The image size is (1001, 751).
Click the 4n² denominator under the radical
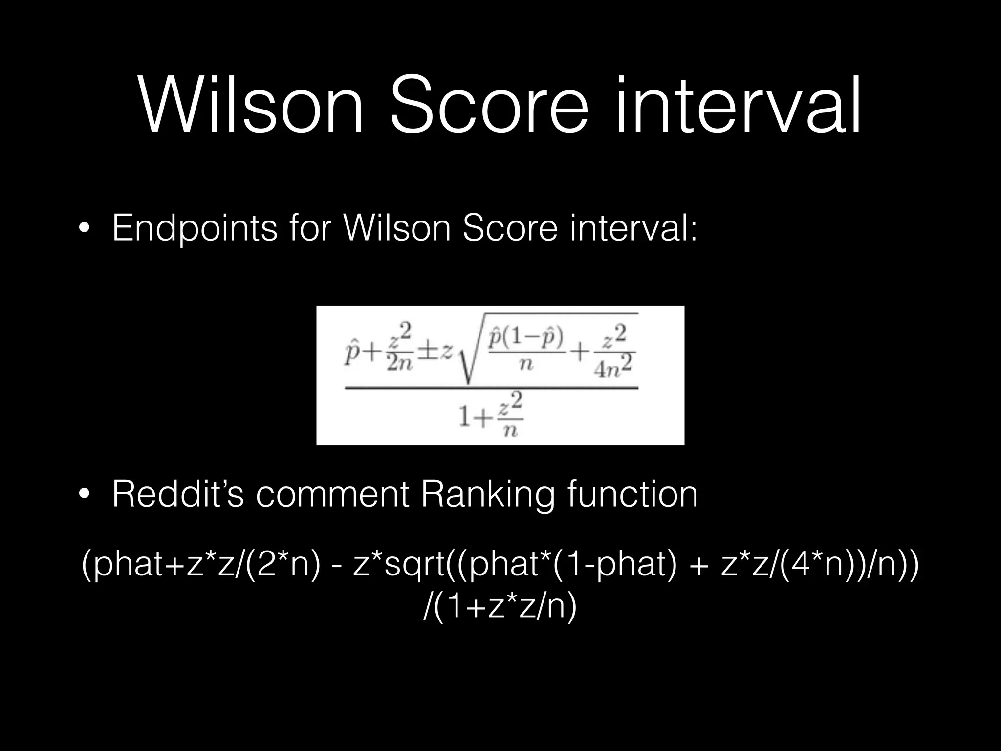coord(613,371)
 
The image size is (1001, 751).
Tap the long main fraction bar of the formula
coord(491,389)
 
